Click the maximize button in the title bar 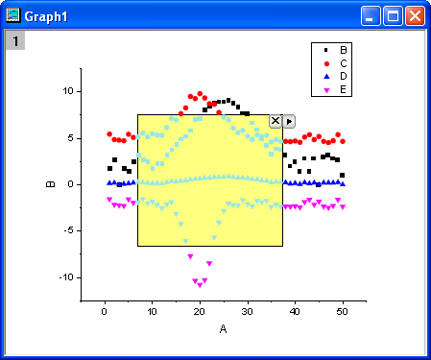pos(393,14)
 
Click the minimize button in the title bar pos(371,14)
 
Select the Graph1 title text pos(47,14)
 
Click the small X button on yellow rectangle pos(275,121)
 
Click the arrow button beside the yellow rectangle pos(289,121)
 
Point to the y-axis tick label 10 pos(67,91)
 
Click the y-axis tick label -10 pos(64,277)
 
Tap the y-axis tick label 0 pos(70,184)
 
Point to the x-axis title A pos(223,329)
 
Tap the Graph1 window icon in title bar pos(13,14)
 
